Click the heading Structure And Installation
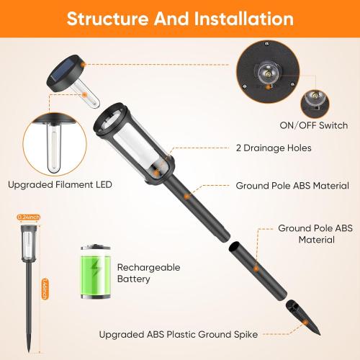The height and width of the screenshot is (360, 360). [x=180, y=19]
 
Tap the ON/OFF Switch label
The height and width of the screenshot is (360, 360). [x=314, y=125]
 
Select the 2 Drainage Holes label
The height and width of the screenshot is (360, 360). [x=274, y=148]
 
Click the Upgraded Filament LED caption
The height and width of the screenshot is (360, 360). [x=60, y=185]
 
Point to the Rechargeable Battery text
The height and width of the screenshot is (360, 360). [x=149, y=273]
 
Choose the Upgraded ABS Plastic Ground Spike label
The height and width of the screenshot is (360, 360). [x=179, y=334]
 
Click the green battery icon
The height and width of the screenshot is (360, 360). [x=96, y=271]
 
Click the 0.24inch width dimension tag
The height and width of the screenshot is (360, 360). [x=29, y=217]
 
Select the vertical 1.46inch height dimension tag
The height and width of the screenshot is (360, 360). [x=45, y=289]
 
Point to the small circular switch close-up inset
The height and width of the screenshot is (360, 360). [x=315, y=104]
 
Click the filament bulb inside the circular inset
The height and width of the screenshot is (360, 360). [x=53, y=148]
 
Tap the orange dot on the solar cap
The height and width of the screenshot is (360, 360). [x=83, y=64]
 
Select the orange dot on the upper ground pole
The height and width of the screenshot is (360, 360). [x=186, y=197]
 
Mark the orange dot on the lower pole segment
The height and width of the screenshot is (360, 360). [x=256, y=269]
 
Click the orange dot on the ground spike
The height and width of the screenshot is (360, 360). [x=305, y=323]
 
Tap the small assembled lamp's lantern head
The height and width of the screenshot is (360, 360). [x=29, y=243]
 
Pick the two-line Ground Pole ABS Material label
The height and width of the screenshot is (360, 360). [x=315, y=234]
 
